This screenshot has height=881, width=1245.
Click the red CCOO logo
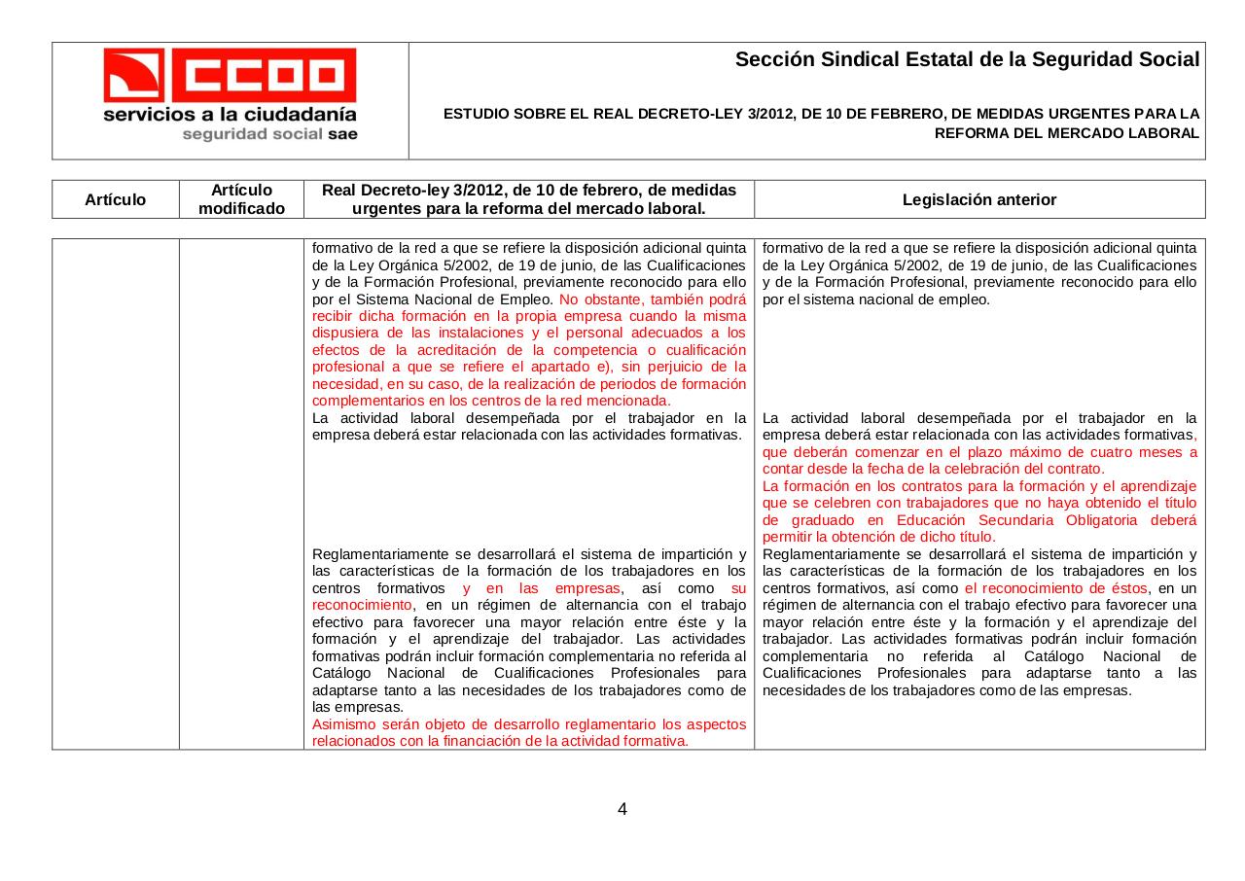(231, 74)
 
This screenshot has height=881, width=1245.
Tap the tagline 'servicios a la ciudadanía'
(231, 114)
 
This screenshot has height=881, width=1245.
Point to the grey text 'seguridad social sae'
(269, 134)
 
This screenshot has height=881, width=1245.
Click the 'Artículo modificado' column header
(241, 199)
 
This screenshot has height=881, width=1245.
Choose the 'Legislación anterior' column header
(978, 199)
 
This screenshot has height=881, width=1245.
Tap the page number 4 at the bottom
(622, 809)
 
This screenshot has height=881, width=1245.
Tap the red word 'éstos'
(1127, 588)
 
